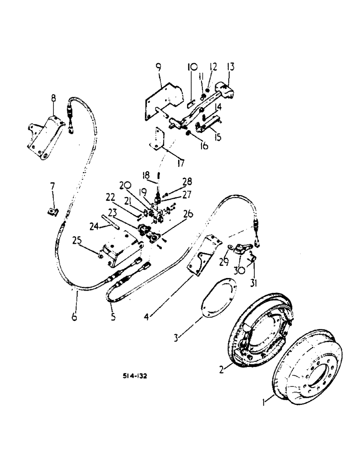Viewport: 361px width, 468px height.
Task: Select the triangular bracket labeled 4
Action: pyautogui.click(x=201, y=257)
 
